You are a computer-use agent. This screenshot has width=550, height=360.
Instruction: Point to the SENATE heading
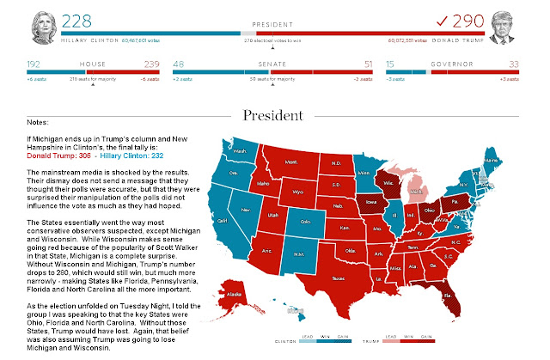(274, 64)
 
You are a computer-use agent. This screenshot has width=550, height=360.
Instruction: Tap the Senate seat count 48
(179, 64)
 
